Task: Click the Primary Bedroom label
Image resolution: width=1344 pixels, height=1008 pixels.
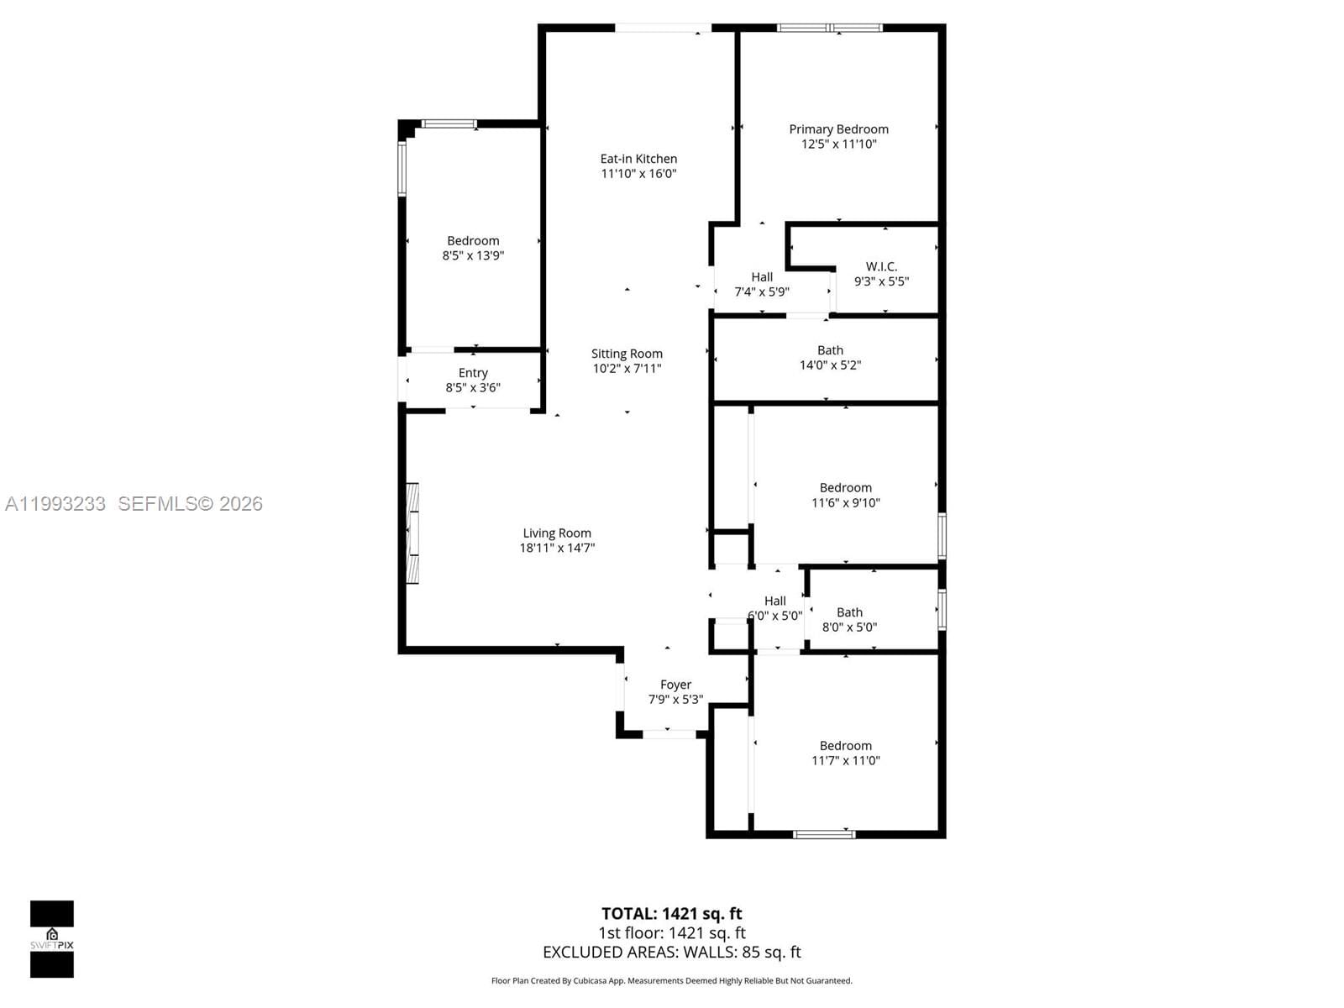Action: (x=838, y=129)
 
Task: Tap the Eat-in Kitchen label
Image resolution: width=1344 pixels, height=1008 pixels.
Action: (x=638, y=159)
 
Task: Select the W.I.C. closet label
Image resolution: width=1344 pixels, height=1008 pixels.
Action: (x=881, y=266)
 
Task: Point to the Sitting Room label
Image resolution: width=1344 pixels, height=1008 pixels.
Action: (x=627, y=354)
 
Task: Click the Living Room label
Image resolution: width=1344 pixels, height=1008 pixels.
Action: (x=557, y=533)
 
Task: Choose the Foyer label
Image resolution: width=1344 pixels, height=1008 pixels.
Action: (x=675, y=685)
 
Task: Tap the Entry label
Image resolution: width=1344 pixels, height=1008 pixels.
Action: (x=473, y=373)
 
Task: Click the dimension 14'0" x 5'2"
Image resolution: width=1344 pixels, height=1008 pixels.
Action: (x=830, y=365)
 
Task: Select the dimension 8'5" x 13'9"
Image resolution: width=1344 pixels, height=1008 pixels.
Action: (x=473, y=256)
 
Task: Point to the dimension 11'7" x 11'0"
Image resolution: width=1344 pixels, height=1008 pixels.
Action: (x=845, y=761)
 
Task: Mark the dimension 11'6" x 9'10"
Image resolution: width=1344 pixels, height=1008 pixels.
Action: (x=845, y=503)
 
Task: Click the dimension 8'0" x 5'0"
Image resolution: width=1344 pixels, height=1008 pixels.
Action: (x=849, y=627)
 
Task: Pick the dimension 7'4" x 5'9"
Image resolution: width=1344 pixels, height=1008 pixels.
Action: (x=762, y=292)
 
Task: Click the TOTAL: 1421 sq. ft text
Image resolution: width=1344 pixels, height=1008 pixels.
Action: (x=671, y=914)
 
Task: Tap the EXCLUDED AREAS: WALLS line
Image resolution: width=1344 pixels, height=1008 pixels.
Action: (x=671, y=953)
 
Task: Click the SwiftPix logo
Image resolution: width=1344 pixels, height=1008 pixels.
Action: (x=52, y=939)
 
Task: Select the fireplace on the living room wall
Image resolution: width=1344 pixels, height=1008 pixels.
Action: (x=412, y=533)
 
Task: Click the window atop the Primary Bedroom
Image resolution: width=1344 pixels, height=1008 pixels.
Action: (x=829, y=28)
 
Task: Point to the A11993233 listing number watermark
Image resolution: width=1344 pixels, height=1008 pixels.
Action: (x=55, y=504)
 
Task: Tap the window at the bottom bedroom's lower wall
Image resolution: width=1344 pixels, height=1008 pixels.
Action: (x=824, y=834)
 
